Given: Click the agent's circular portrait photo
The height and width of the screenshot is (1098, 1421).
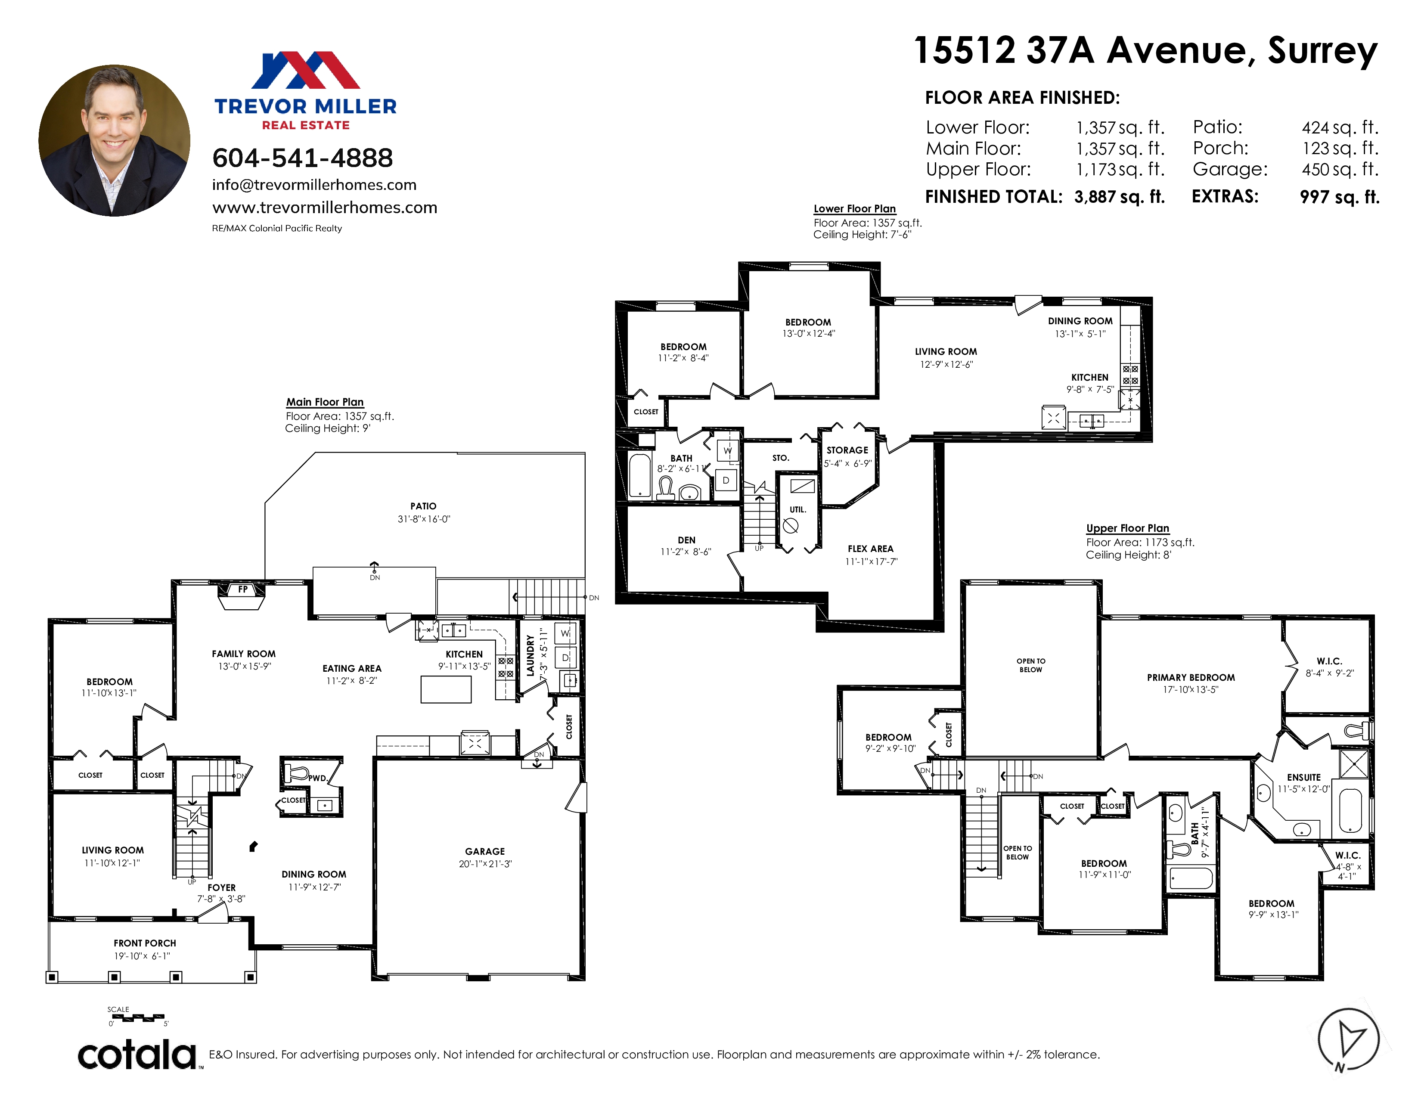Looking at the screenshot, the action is coord(115,140).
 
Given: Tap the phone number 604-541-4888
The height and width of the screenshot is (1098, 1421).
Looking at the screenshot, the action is coord(303,158).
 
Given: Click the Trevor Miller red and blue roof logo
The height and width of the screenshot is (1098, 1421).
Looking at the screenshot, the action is coord(306,70).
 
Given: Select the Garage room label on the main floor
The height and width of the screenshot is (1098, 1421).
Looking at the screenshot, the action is coord(485,851).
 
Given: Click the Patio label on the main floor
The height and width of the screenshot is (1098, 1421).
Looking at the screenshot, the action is coord(424,506).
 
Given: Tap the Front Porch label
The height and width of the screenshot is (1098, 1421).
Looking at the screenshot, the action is coord(144,943).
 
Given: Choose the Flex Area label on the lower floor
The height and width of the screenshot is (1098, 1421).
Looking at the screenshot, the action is coord(871,549).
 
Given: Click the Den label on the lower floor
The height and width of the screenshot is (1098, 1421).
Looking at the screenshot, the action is coord(686,540).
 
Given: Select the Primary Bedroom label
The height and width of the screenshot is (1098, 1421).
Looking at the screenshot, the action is coord(1191,678).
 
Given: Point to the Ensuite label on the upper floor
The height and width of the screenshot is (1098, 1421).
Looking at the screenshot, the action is coord(1304,777).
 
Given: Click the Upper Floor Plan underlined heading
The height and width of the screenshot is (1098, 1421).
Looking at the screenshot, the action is coord(1128,528).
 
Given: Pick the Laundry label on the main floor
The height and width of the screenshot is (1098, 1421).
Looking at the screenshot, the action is coord(530,656).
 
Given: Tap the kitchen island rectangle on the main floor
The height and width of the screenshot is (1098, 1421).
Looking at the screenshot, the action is coord(446,689).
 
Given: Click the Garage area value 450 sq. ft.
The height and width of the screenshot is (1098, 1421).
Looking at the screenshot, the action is coord(1340,170).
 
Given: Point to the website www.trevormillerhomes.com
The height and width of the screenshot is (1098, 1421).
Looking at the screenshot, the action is coord(325,208).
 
